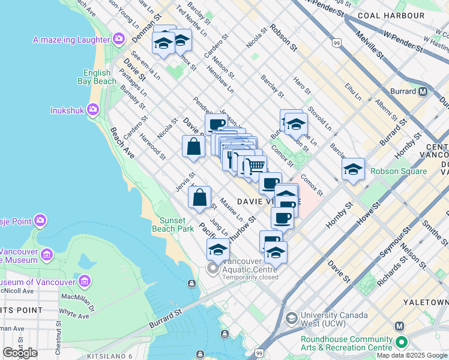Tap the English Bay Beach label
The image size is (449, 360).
[x=100, y=77]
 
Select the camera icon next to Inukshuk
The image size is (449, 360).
[x=92, y=109]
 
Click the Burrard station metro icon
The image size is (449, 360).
[x=423, y=92]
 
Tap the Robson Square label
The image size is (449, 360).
[x=399, y=171]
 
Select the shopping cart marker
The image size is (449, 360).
[x=256, y=165]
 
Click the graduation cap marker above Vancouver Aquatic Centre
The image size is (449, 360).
[x=218, y=249]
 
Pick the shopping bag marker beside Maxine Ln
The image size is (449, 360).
[x=199, y=197]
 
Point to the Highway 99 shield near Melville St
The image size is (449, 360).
[x=337, y=43]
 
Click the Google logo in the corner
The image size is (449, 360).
[x=20, y=353]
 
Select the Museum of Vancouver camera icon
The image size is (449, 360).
[x=84, y=281]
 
